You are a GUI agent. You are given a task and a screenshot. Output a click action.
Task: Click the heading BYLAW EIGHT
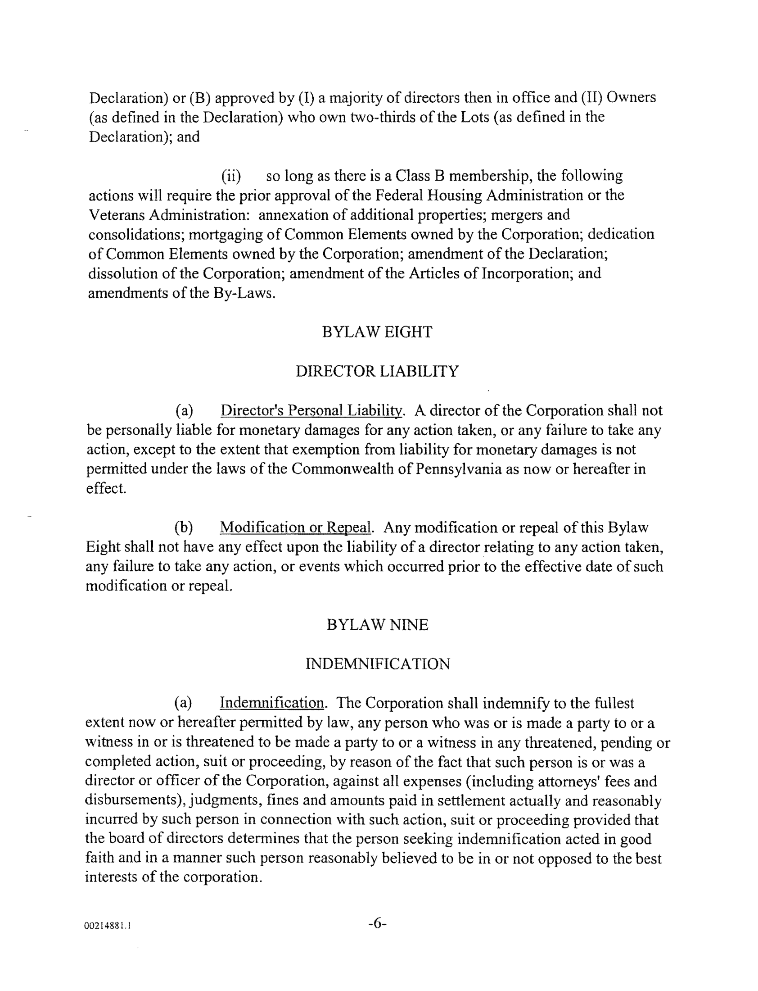pyautogui.click(x=377, y=332)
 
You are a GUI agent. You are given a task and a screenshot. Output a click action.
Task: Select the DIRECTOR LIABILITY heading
pyautogui.click(x=377, y=371)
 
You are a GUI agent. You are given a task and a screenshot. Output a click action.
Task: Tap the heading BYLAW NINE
pyautogui.click(x=377, y=625)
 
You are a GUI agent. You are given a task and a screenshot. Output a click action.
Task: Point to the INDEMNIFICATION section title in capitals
pyautogui.click(x=377, y=664)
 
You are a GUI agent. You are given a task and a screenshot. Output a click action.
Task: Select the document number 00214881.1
pyautogui.click(x=108, y=926)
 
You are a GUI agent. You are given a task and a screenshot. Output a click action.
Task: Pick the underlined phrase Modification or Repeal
pyautogui.click(x=296, y=527)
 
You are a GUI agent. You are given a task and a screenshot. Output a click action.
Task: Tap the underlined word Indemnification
pyautogui.click(x=271, y=703)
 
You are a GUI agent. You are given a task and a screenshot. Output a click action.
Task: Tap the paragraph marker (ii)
pyautogui.click(x=230, y=176)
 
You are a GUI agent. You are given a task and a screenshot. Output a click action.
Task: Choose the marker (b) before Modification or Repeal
pyautogui.click(x=184, y=527)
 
